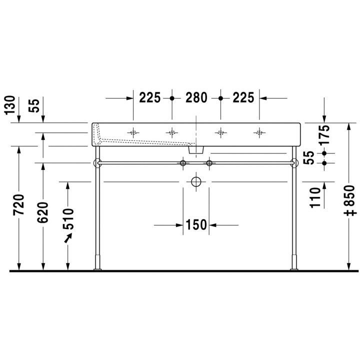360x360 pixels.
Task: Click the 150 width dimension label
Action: click(x=196, y=225)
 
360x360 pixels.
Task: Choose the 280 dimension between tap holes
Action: click(x=196, y=97)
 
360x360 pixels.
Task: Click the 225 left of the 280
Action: click(x=150, y=97)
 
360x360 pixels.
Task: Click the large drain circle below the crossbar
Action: click(x=196, y=181)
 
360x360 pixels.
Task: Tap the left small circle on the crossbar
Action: click(x=183, y=163)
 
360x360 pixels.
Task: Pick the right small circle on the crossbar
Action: click(x=209, y=163)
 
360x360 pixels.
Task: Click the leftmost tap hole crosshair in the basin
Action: click(x=133, y=132)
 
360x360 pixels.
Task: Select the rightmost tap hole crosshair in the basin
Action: click(x=259, y=132)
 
